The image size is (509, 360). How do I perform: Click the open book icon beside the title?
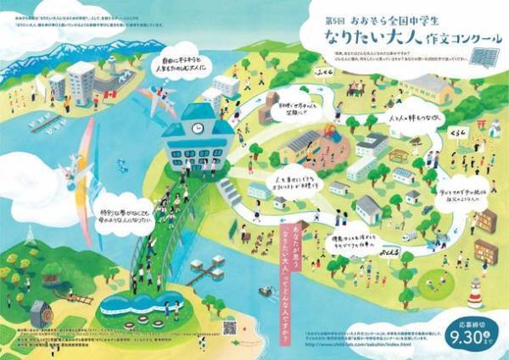point(484,58)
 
